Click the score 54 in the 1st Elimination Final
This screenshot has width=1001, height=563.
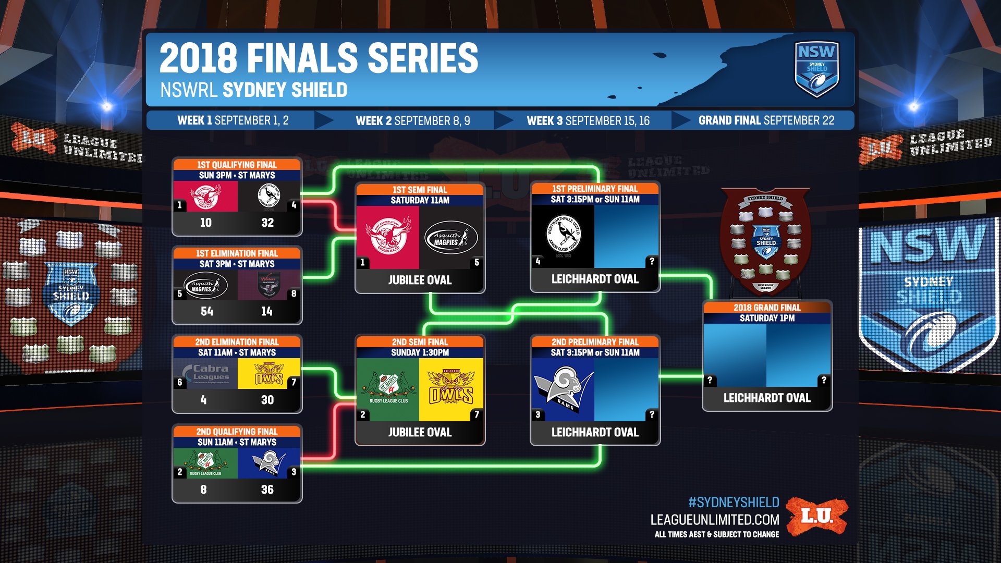click(x=206, y=311)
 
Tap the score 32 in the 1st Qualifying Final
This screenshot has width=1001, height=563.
click(x=267, y=223)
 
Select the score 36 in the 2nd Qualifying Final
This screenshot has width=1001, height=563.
click(x=267, y=489)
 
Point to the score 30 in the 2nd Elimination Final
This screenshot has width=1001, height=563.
click(x=267, y=400)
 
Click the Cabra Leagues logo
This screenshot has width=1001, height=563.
click(x=206, y=373)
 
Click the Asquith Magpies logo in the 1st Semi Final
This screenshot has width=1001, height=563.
click(x=451, y=239)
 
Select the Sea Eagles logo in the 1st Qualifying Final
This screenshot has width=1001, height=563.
click(x=205, y=196)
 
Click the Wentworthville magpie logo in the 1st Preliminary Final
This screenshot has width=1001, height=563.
click(x=563, y=236)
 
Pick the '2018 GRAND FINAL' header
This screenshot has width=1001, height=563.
click(x=767, y=308)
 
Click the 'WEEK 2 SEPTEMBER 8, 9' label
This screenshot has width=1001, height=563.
click(x=413, y=121)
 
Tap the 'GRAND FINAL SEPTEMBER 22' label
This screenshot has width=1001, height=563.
click(x=766, y=120)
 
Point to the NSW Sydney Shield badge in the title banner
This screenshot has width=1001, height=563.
click(x=816, y=69)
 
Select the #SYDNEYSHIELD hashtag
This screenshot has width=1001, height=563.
click(x=734, y=503)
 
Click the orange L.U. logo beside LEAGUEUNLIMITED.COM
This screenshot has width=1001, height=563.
click(x=817, y=516)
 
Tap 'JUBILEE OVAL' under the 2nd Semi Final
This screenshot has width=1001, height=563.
click(x=420, y=432)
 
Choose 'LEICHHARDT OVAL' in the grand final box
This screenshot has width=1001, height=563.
click(x=767, y=398)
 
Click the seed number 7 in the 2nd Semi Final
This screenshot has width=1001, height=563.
click(x=476, y=415)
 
